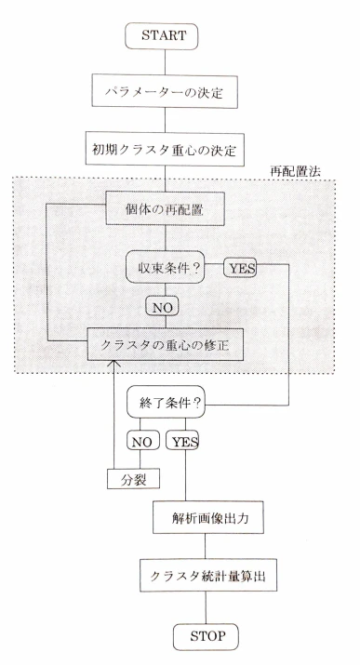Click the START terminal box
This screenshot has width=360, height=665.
point(162,36)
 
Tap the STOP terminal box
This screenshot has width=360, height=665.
point(206,637)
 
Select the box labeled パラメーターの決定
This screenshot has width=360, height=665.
point(165,91)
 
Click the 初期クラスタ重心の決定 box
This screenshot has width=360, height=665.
point(165,149)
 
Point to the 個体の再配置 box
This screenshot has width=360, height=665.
point(165,208)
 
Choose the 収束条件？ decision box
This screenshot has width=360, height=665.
point(166,267)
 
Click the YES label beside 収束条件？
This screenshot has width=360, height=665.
point(240,268)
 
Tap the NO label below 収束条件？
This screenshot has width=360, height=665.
point(162,306)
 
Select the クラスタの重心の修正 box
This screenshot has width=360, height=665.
point(166,344)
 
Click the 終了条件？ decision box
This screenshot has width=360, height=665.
point(166,402)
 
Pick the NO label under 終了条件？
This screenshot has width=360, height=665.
point(143,440)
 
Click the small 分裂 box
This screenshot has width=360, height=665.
point(133,479)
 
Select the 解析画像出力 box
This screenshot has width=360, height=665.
point(208,517)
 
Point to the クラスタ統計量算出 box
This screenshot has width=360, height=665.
point(208,576)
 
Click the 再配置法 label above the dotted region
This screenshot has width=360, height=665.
point(296,171)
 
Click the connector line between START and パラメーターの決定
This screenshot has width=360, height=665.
point(165,62)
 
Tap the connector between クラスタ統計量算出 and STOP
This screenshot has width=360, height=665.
point(207,607)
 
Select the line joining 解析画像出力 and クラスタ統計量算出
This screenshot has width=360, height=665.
point(206,546)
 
